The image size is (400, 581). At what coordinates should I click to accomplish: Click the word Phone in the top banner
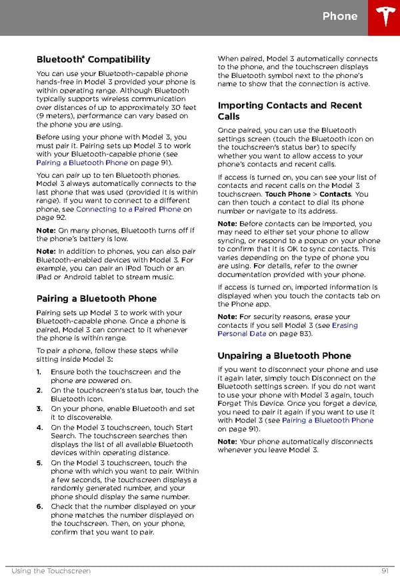pos(340,17)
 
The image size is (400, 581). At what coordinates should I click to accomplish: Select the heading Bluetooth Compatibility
pos(93,59)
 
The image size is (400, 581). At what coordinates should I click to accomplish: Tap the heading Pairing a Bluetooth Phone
pos(97,298)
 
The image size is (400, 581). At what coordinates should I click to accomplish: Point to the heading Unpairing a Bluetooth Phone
pos(284,355)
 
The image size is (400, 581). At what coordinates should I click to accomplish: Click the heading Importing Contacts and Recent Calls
pos(289,111)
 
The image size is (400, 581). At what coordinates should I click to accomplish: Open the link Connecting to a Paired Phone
pos(129,209)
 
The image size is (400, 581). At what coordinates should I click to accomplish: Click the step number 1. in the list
pos(41,372)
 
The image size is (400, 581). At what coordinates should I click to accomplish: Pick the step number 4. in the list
pos(41,428)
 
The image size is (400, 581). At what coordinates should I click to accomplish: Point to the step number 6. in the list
pos(41,506)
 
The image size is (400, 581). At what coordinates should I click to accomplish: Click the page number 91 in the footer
pos(385,571)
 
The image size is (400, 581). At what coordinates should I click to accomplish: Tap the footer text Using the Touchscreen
pos(51,571)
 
